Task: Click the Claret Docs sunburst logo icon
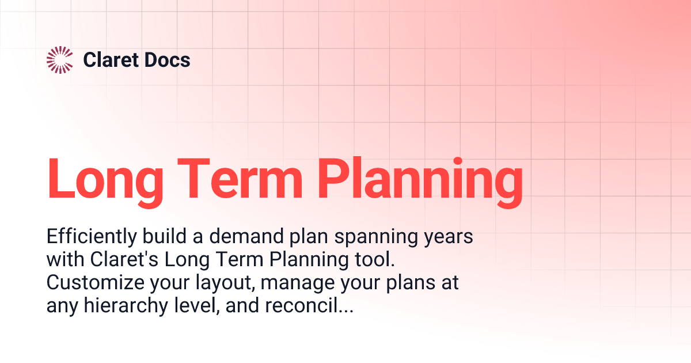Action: [59, 60]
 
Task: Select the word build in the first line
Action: [163, 237]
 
